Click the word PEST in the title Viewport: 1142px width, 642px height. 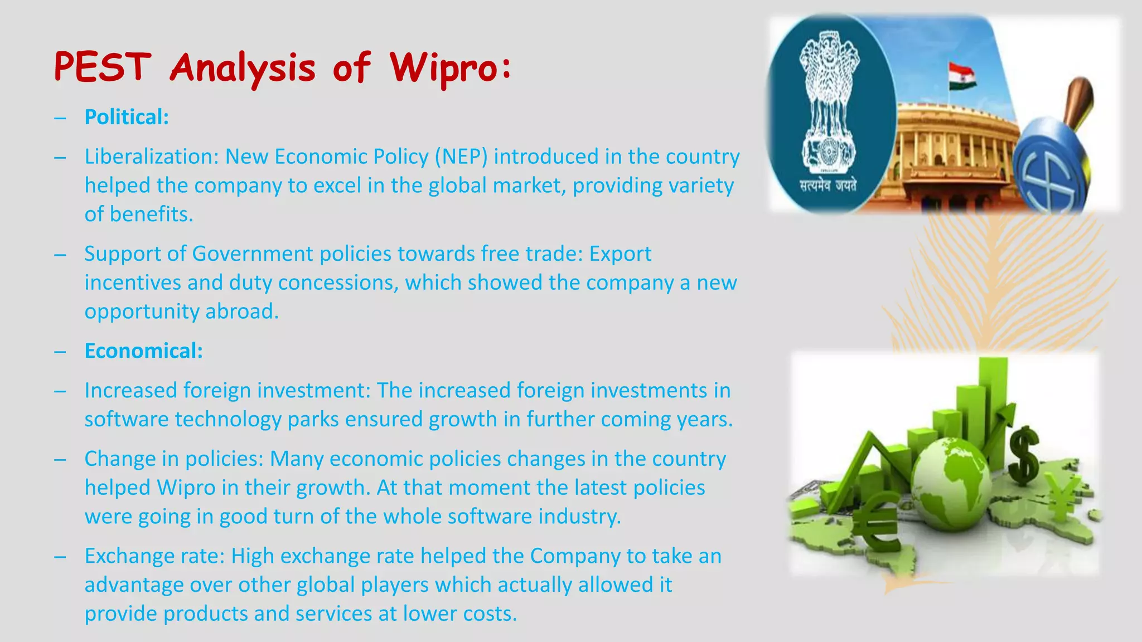[x=103, y=67]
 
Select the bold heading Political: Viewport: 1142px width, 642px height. [x=127, y=117]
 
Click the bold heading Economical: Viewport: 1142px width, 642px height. [x=143, y=351]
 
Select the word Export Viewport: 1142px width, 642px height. [x=620, y=254]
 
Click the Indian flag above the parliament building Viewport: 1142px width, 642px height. [x=962, y=76]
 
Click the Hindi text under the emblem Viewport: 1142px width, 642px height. [x=828, y=186]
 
